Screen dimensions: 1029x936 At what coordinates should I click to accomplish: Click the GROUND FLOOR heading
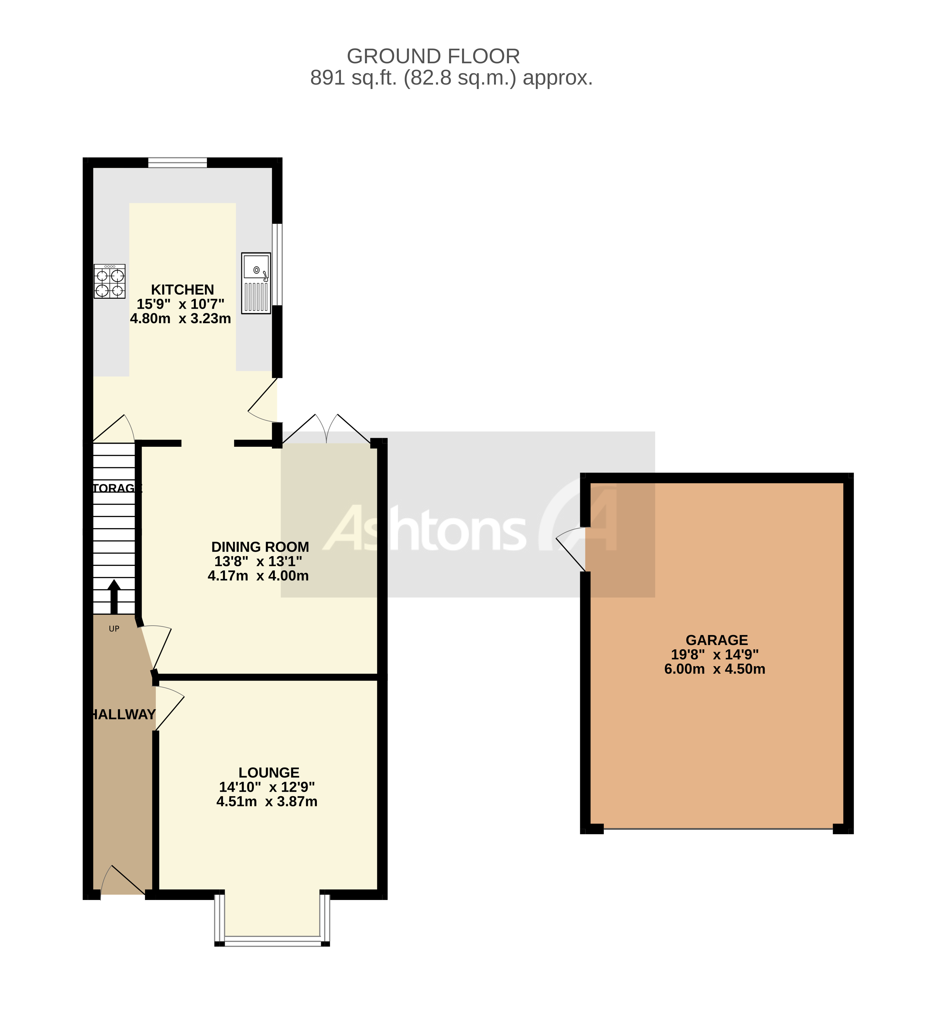tap(433, 56)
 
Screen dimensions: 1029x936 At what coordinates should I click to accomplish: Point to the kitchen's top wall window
tap(178, 163)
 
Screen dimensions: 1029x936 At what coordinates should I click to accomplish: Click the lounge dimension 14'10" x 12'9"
tap(267, 787)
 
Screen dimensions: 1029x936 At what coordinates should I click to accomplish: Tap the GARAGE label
tap(716, 640)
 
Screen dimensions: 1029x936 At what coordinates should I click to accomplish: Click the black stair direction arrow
tap(114, 596)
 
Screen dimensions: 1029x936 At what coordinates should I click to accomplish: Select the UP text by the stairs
tap(114, 629)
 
